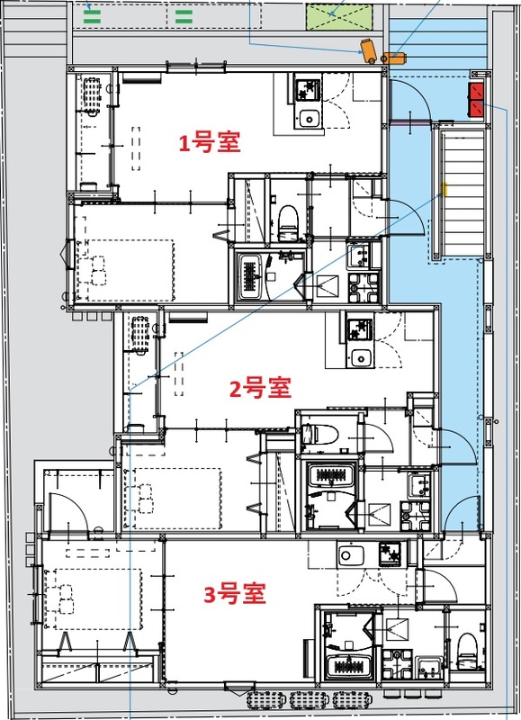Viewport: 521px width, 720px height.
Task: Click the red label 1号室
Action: click(210, 142)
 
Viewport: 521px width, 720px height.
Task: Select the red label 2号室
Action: click(259, 389)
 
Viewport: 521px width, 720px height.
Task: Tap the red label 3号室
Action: click(234, 594)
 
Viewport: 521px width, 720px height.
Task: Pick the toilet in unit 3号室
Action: click(465, 646)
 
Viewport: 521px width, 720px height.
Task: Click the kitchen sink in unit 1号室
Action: click(310, 118)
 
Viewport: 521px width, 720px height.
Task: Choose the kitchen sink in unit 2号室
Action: click(362, 357)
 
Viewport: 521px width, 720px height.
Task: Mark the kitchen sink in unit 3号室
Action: click(348, 553)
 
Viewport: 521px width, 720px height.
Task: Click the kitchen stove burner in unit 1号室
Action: click(308, 88)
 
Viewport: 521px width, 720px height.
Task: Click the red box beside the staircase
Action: click(475, 99)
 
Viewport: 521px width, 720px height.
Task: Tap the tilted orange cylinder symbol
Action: click(368, 49)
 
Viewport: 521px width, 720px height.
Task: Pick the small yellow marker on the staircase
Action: click(444, 189)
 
